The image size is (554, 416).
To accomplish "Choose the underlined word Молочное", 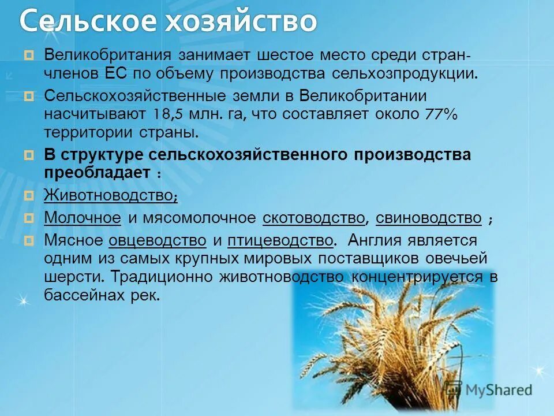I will [x=83, y=218].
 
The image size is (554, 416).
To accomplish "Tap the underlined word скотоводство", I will [x=314, y=218].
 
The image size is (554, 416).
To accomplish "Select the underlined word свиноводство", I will [x=428, y=218].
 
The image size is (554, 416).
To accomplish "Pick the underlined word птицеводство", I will [x=280, y=239].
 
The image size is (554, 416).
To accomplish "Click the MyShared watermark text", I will [x=497, y=390].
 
